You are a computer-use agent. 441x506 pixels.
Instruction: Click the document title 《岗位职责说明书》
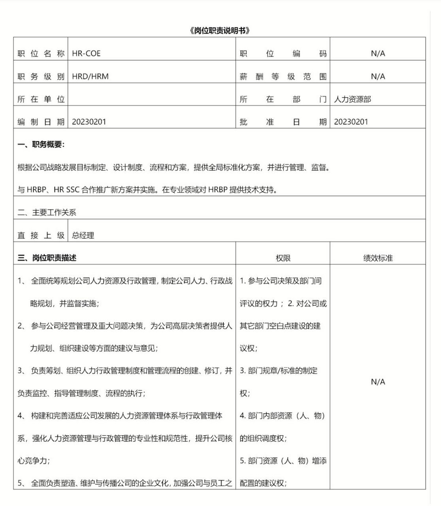point(220,31)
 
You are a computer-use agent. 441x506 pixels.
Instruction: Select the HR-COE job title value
point(86,53)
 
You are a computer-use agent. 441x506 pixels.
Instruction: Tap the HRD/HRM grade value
point(90,76)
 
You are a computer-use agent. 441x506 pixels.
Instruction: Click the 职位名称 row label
point(41,54)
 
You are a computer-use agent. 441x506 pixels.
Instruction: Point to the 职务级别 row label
point(41,77)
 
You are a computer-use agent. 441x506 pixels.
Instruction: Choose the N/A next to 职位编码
point(378,53)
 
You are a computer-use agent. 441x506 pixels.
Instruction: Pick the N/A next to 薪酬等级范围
point(378,76)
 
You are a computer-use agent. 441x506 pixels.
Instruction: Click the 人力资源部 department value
point(352,99)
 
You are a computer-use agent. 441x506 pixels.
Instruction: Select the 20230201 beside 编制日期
point(89,122)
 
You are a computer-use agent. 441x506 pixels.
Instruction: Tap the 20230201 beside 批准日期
point(351,122)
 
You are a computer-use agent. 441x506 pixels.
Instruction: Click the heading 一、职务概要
point(41,145)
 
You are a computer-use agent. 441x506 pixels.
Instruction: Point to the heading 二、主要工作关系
point(47,213)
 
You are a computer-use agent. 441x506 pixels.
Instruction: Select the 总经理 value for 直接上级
point(83,236)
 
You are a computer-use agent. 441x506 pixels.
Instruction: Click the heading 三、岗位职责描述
point(47,258)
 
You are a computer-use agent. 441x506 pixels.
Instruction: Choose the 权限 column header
point(283,258)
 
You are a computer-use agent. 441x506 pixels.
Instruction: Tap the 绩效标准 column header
point(378,258)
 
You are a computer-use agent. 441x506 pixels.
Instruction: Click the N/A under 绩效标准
point(378,382)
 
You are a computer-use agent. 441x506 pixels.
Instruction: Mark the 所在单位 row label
point(41,99)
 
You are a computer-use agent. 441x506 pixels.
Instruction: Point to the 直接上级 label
point(41,236)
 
